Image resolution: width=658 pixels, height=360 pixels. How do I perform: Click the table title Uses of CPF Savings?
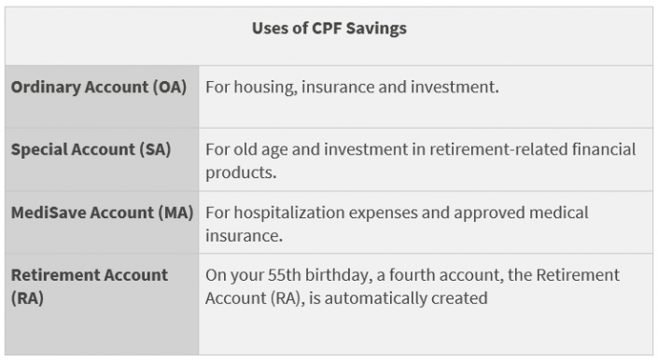click(x=329, y=28)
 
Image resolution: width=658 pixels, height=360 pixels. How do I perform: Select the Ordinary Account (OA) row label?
click(x=99, y=87)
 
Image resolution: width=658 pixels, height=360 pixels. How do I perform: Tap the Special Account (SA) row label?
click(x=91, y=149)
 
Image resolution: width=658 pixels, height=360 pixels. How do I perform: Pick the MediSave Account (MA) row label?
click(x=102, y=213)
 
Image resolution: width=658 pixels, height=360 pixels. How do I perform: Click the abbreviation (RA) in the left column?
click(x=27, y=298)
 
